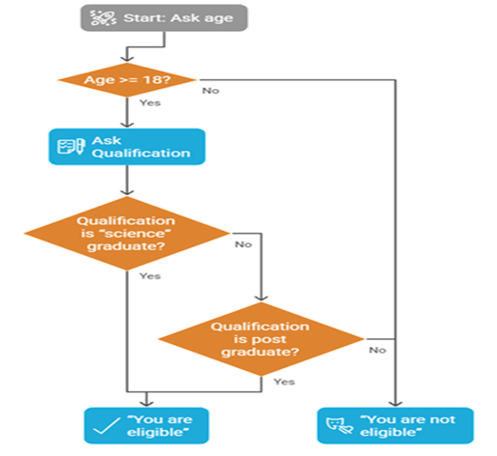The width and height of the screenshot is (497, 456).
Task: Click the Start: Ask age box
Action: pos(164,17)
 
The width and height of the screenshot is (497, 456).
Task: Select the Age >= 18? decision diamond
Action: pos(126,79)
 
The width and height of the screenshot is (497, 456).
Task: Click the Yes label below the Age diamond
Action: pos(150,100)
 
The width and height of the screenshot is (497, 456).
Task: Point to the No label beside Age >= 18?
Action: pos(210,90)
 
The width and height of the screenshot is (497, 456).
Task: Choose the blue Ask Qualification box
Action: pos(126,146)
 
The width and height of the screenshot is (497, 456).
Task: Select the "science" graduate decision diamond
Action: pos(126,233)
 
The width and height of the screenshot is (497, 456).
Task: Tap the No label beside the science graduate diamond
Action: pos(243,243)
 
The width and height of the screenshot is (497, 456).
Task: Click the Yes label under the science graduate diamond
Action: pos(150,276)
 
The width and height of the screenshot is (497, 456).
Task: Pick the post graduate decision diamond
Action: pos(261,339)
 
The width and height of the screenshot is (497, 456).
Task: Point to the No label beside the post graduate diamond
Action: pos(377,349)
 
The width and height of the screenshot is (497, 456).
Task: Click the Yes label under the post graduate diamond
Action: pos(283,382)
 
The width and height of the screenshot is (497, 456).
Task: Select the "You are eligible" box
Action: pos(144,425)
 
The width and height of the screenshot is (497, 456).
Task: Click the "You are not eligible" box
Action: pos(396,425)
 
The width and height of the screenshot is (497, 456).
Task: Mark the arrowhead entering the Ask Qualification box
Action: pos(126,123)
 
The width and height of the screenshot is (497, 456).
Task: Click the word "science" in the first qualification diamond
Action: pos(128,233)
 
